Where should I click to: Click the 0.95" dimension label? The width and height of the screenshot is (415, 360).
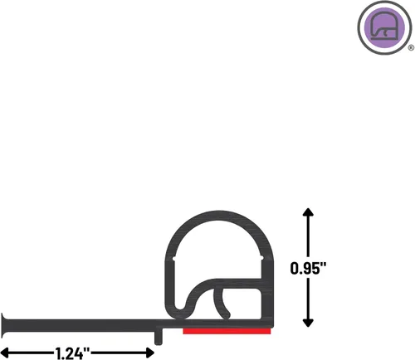point(308,268)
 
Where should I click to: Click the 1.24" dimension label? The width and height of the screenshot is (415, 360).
point(72,353)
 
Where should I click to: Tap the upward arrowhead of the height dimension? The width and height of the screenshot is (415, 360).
point(308,212)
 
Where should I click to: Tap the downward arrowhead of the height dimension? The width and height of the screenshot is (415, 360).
point(308,323)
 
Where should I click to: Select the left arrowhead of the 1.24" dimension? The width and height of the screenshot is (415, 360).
point(6,353)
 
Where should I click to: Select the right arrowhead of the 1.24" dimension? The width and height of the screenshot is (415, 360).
point(149,353)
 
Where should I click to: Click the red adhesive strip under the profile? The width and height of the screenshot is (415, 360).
point(227,331)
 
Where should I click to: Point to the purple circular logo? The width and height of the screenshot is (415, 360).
point(384,27)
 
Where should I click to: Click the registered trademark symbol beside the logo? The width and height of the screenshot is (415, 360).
point(411,48)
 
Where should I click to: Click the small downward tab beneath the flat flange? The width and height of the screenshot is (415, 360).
point(159,336)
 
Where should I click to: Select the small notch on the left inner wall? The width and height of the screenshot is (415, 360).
point(174,259)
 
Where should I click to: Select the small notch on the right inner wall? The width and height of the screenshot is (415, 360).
point(261,258)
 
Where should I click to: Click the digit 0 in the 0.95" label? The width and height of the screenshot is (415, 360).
point(295,269)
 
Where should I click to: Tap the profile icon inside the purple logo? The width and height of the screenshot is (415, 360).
point(384,26)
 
